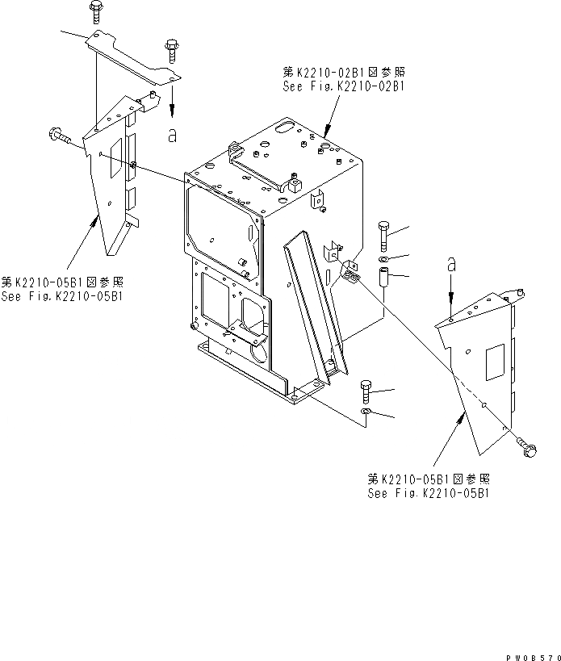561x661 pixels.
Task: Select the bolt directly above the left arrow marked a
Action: [170, 49]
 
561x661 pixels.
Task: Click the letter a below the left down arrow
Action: [172, 136]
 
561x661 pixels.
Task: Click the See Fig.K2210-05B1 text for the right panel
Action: [428, 492]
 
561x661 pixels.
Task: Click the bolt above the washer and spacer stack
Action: [383, 233]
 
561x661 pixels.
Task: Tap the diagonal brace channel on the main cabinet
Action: [316, 298]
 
